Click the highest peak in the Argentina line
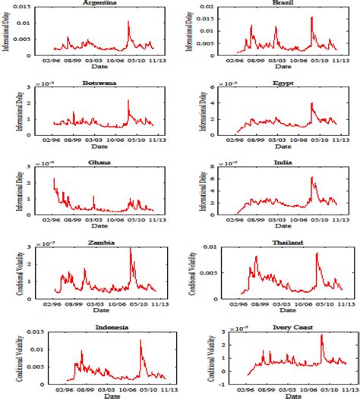[128, 22]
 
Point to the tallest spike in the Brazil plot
[311, 17]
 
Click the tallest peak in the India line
[311, 177]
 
